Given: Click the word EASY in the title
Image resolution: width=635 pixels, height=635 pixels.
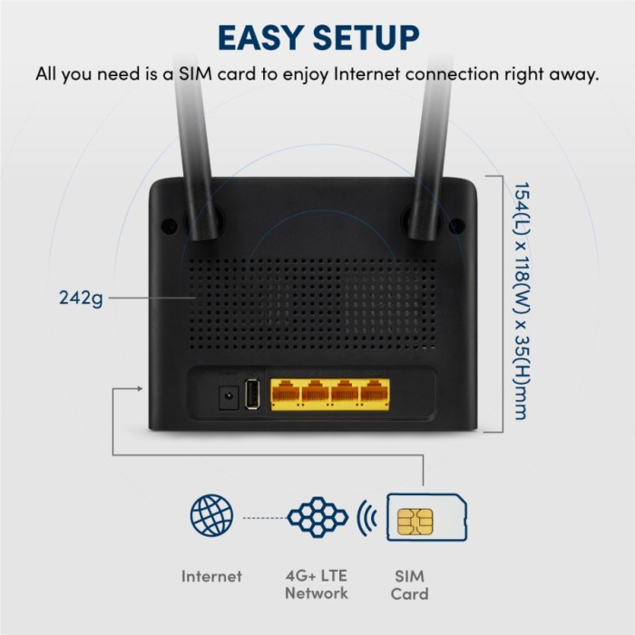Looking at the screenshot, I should [x=264, y=37].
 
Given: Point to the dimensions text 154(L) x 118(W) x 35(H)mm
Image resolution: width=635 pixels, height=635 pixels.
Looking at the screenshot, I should [x=520, y=299].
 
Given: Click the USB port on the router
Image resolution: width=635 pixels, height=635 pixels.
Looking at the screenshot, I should [x=254, y=395].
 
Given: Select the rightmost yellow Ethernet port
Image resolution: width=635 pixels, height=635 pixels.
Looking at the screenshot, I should [x=371, y=394].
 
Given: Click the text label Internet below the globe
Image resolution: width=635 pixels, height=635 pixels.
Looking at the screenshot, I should [x=211, y=575].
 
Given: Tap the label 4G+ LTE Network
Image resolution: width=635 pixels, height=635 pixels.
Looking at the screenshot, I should [x=316, y=584].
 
